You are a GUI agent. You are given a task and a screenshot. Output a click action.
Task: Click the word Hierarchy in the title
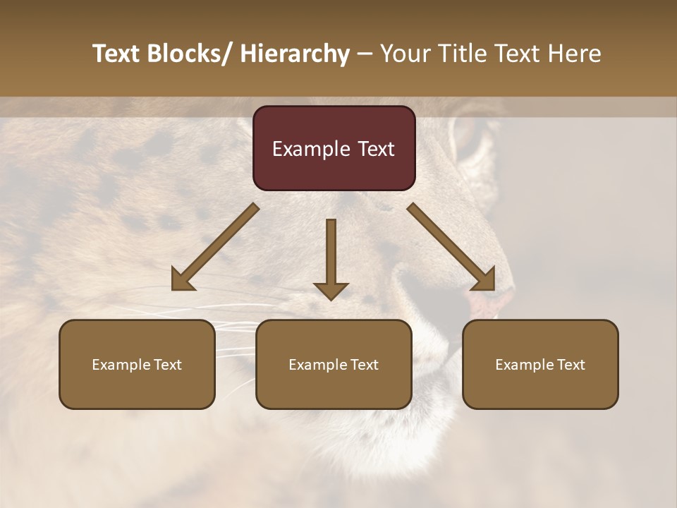coord(295,54)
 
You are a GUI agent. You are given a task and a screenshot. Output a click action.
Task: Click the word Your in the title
coord(404,54)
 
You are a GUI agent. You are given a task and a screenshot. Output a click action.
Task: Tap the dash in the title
coord(365,54)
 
